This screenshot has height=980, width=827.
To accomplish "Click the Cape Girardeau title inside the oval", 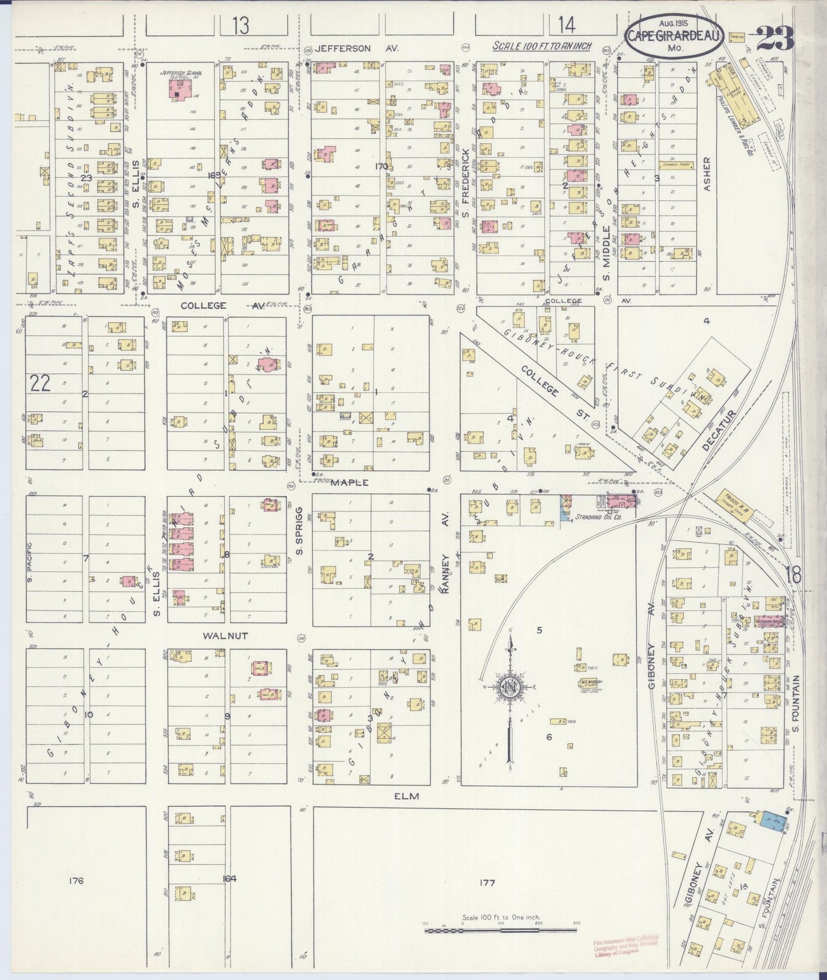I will [x=675, y=36].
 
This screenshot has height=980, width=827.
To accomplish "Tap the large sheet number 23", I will [x=775, y=38].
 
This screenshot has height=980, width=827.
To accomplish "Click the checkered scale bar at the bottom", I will [x=501, y=931].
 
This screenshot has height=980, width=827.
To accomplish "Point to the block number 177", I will [x=488, y=882].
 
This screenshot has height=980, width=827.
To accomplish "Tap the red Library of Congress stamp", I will [x=626, y=945].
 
